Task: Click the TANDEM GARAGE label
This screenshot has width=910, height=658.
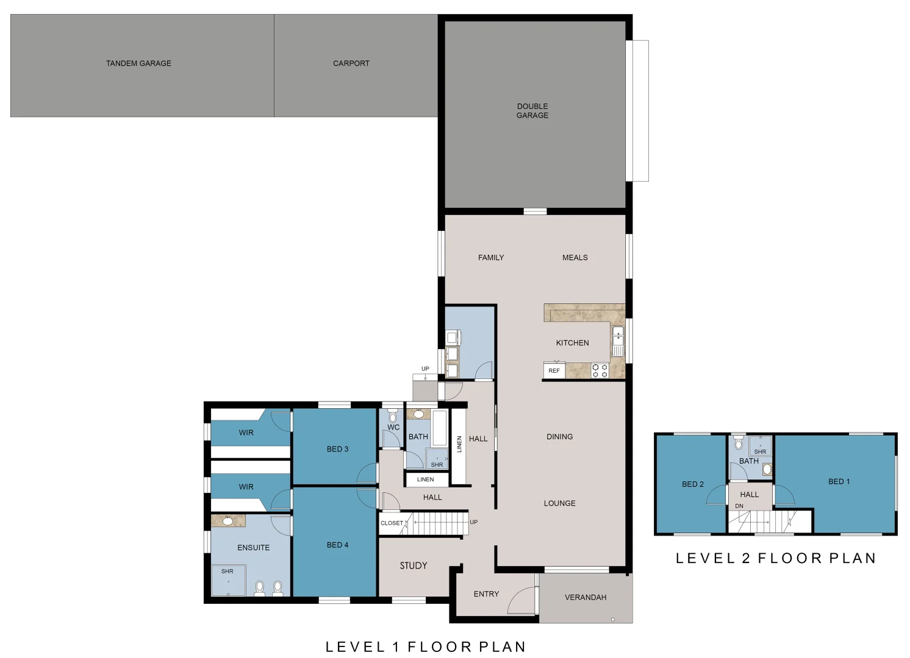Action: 138,63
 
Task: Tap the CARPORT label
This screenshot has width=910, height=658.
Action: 351,63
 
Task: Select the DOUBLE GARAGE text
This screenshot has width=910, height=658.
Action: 532,110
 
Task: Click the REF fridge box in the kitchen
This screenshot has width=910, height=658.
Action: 554,370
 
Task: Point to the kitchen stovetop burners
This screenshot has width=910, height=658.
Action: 600,370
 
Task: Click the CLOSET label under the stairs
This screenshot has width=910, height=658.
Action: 392,523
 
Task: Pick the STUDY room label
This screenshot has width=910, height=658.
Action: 413,565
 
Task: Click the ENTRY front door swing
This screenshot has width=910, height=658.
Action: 522,600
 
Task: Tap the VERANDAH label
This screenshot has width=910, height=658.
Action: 585,597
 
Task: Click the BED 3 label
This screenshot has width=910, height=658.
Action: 337,449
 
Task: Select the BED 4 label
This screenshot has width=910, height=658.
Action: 337,545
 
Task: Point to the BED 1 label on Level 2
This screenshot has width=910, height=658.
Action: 839,481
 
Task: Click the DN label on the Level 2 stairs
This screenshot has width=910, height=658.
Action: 739,506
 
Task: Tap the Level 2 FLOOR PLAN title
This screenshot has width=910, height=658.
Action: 775,558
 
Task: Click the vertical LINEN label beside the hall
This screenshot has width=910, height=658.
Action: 459,444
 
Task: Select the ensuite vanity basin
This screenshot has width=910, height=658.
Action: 227,521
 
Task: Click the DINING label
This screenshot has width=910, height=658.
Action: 559,437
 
